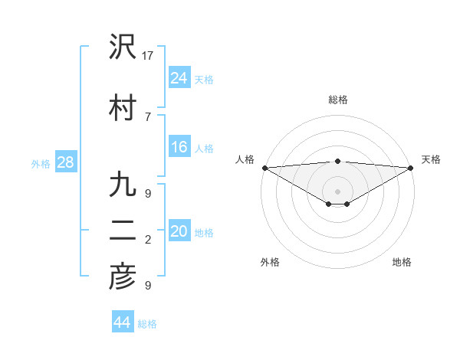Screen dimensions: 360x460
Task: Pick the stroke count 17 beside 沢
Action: coord(149,56)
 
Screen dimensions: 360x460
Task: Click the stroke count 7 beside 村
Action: coord(147,116)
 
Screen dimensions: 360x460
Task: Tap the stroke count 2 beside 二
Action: coord(147,240)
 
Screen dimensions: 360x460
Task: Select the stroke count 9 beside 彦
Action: coord(147,286)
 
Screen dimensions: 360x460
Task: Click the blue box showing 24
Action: coord(179,77)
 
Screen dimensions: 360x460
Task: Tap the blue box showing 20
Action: coord(179,231)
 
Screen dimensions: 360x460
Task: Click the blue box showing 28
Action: coord(65,162)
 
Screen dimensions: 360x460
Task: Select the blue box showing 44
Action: coord(122,322)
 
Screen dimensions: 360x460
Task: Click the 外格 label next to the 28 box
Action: coord(41,163)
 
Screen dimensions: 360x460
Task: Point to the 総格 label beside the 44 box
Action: coord(147,324)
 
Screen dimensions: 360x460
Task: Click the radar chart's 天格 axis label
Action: coord(431,159)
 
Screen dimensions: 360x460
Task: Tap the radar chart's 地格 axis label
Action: coord(402,262)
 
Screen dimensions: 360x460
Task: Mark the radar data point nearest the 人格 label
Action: coord(264,168)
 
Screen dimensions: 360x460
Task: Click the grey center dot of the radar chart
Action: coord(337,190)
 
